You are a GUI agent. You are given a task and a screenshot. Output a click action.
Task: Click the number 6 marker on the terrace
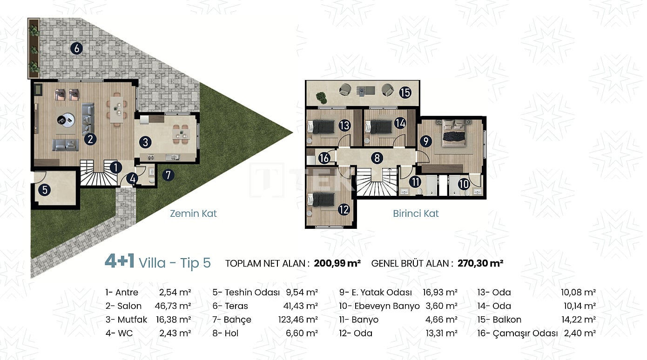(x=76, y=48)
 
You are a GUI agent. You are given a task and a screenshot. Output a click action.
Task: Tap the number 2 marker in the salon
(x=90, y=140)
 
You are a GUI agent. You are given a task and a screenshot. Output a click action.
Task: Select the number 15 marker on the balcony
(x=405, y=93)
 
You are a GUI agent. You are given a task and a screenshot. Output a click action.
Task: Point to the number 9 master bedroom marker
(x=426, y=141)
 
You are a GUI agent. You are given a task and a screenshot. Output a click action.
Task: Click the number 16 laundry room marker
(x=324, y=158)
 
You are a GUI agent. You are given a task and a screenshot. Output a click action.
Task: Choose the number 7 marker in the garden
(x=168, y=175)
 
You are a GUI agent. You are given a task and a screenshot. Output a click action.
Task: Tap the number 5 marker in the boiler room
(x=45, y=190)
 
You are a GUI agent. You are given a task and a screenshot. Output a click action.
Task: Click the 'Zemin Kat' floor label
(x=193, y=213)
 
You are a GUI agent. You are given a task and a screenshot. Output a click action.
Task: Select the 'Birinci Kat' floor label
(x=416, y=213)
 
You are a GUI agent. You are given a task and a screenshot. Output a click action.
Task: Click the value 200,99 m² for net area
(x=337, y=263)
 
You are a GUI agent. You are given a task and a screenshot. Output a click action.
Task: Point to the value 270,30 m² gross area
(x=480, y=263)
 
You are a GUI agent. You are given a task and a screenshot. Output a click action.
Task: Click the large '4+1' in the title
(x=120, y=261)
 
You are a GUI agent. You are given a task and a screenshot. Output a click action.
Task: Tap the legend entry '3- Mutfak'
(x=126, y=320)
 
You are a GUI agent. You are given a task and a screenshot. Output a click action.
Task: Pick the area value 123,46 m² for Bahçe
(x=298, y=320)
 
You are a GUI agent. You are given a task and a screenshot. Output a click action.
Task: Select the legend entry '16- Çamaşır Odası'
(x=517, y=333)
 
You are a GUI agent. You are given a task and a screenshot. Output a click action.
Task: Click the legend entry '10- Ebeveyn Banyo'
(x=379, y=306)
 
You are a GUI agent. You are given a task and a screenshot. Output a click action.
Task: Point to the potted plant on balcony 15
(x=321, y=98)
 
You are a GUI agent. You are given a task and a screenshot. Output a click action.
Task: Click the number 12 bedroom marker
(x=344, y=210)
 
